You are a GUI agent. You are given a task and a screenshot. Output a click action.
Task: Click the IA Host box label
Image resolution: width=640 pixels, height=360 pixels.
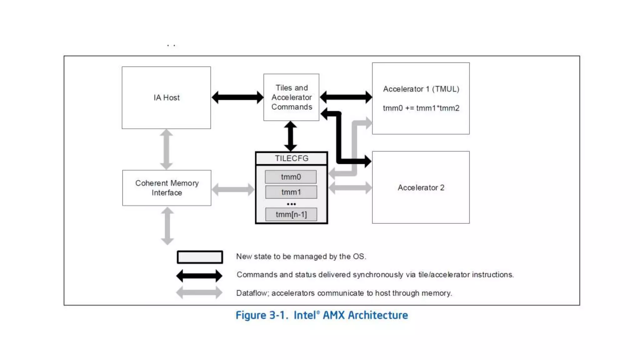[167, 98]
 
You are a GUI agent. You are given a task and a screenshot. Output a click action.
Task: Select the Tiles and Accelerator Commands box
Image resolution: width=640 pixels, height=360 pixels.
[291, 97]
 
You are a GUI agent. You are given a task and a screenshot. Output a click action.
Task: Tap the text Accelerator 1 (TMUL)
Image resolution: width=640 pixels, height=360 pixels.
[421, 89]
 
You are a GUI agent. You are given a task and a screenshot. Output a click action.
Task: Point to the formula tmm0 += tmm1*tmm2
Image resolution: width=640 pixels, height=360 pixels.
[421, 108]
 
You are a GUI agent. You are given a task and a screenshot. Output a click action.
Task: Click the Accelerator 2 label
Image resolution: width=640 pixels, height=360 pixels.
[421, 187]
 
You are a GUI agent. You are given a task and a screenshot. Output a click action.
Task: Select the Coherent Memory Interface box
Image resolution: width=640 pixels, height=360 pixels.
[167, 188]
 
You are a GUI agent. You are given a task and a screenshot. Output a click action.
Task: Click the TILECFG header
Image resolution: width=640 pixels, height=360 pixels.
[291, 158]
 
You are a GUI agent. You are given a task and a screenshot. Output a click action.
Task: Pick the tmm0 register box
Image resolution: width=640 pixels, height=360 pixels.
[291, 177]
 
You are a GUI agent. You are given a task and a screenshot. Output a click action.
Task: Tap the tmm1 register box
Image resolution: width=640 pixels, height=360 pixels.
[291, 192]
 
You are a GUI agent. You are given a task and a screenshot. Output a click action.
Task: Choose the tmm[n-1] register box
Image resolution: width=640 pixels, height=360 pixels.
[291, 214]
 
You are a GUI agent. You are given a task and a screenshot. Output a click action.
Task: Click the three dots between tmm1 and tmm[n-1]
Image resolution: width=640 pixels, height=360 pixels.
[291, 204]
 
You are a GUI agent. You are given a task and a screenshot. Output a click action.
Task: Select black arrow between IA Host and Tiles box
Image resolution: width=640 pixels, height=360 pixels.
[237, 97]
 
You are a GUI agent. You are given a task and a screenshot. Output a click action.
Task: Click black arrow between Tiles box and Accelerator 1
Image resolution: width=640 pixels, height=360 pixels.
[346, 97]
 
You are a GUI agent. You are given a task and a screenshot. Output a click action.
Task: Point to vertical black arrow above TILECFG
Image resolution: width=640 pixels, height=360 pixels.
[291, 136]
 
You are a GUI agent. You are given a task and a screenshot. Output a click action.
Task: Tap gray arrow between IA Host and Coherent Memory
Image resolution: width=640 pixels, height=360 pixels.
[166, 149]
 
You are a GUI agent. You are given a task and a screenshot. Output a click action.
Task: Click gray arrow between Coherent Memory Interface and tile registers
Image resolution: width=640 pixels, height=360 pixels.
[233, 189]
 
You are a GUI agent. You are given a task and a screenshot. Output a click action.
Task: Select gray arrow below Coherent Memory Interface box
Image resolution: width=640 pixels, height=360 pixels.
[167, 226]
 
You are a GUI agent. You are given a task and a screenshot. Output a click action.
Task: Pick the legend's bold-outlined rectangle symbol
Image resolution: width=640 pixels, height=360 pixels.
[200, 257]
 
